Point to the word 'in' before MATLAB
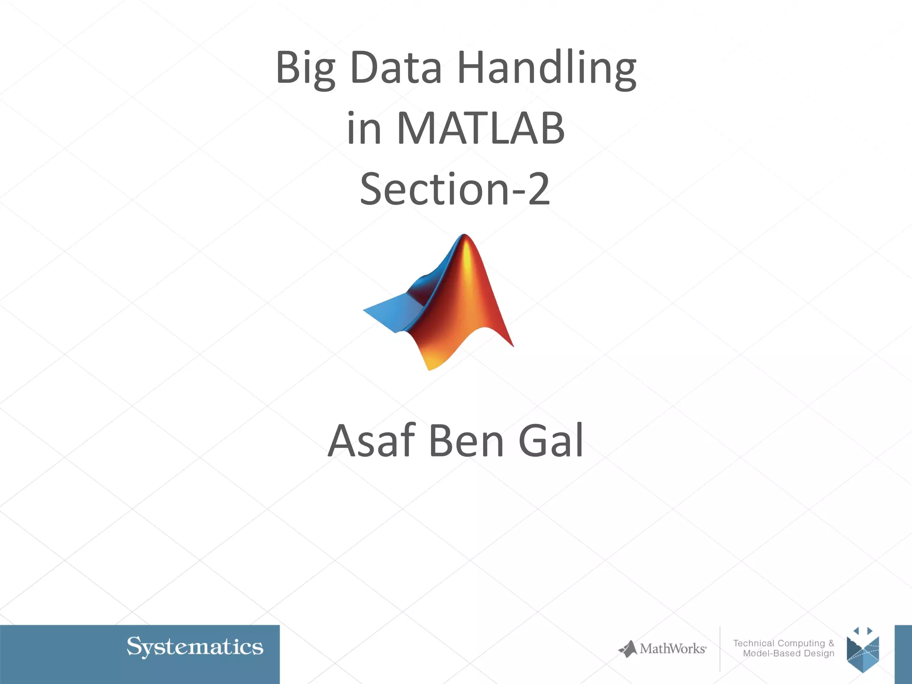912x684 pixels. pos(364,129)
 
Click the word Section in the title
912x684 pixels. pos(434,189)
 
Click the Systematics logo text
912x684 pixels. pos(195,647)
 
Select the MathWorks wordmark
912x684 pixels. pos(672,649)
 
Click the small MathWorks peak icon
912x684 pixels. pos(628,649)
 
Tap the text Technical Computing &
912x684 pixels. pos(783,643)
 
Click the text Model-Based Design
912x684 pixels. pos(788,653)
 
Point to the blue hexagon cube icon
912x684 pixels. pos(863,652)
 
